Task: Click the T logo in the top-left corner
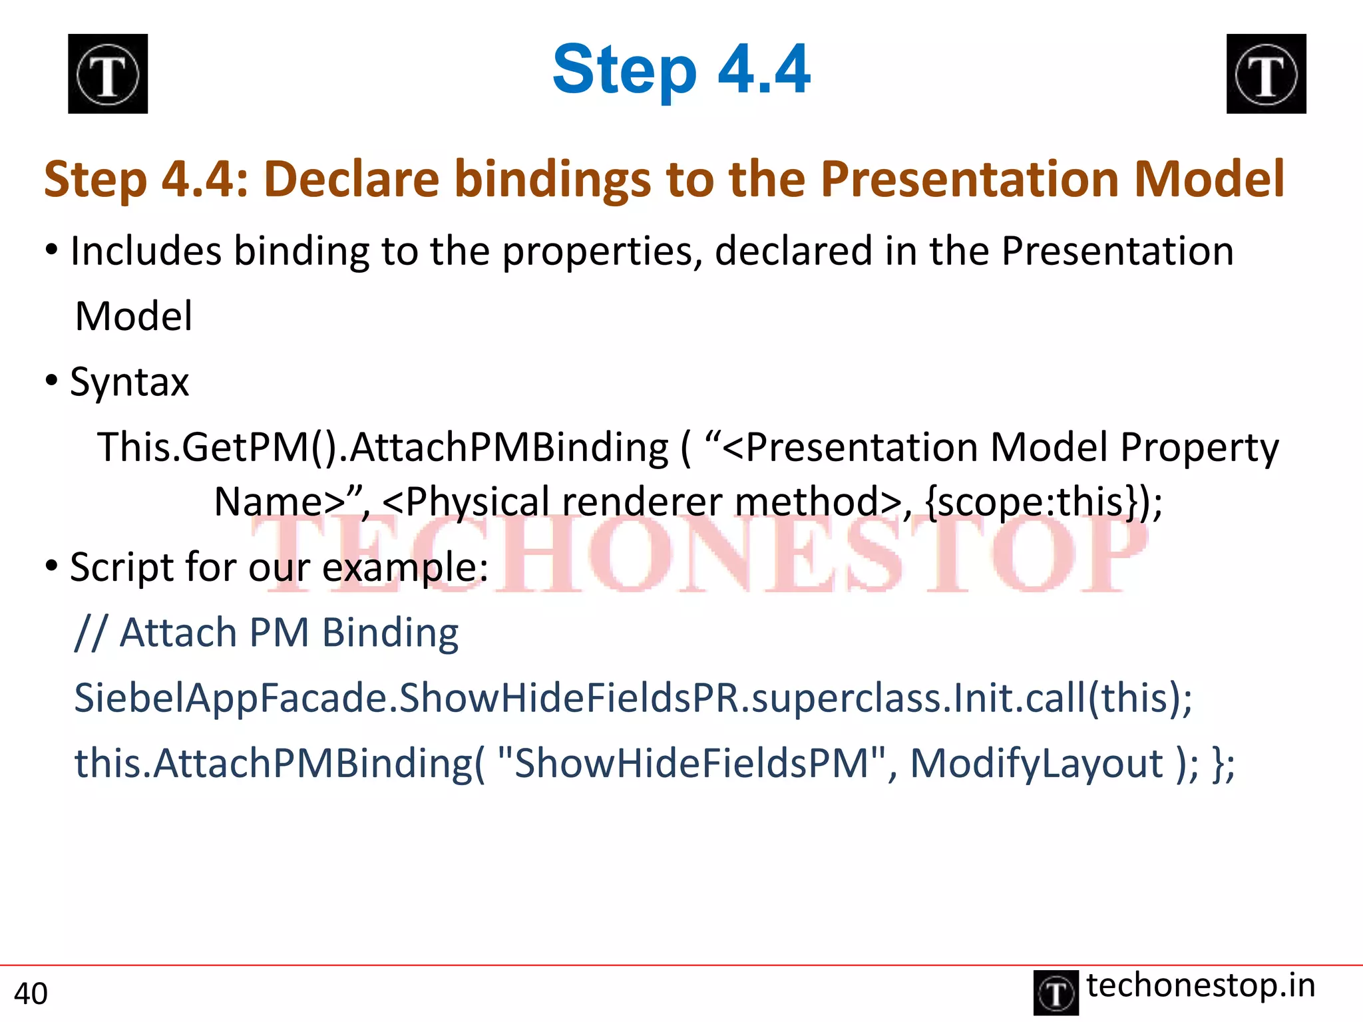coord(108,74)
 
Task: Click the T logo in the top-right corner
coord(1266,74)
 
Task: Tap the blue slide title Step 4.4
coord(681,69)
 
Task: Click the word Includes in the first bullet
coord(146,251)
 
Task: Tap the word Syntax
coord(129,383)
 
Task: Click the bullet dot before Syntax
coord(52,381)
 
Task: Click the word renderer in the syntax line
coord(642,502)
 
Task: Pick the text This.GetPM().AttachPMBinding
coord(383,447)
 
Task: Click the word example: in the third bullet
coord(405,568)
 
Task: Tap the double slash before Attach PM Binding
coord(90,633)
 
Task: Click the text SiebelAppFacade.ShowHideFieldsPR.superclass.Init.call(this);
coord(633,698)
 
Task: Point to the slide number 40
coord(31,993)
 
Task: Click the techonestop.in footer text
coord(1201,985)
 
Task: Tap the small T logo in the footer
coord(1056,993)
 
